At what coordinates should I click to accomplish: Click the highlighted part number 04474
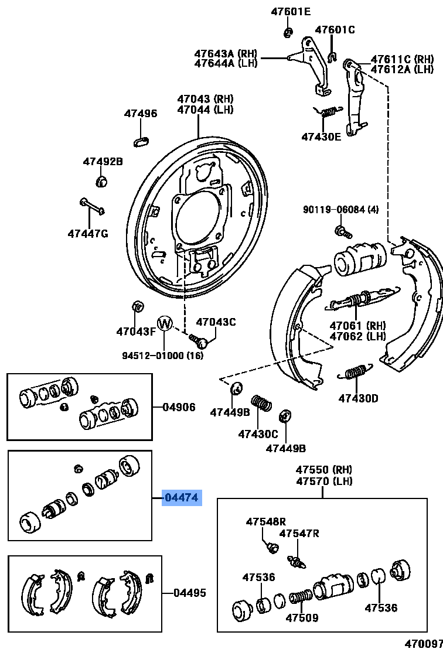[182, 498]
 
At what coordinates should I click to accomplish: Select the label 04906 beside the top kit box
[179, 407]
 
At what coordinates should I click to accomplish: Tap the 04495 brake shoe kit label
[189, 593]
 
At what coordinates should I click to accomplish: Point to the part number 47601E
[291, 11]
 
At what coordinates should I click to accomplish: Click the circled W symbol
[165, 323]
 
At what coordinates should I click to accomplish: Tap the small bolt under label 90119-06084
[342, 231]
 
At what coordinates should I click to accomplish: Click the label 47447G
[88, 234]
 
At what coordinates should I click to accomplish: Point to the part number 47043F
[136, 332]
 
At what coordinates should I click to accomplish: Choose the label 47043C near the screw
[216, 322]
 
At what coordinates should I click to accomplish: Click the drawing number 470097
[423, 643]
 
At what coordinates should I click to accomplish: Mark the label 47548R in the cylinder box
[265, 521]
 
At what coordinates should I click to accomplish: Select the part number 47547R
[299, 533]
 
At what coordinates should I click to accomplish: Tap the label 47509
[302, 618]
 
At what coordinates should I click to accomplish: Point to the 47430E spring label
[321, 136]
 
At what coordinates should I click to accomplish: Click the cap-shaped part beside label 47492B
[100, 180]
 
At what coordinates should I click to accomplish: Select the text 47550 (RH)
[323, 470]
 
